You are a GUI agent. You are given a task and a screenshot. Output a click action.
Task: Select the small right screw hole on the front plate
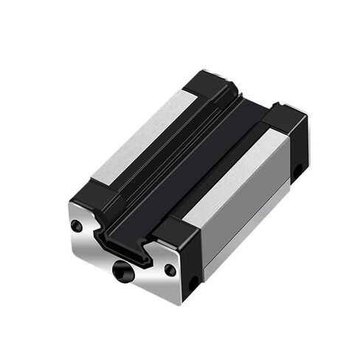pos(170,270)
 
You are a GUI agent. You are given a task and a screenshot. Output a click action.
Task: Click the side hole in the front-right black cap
pos(193,283)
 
